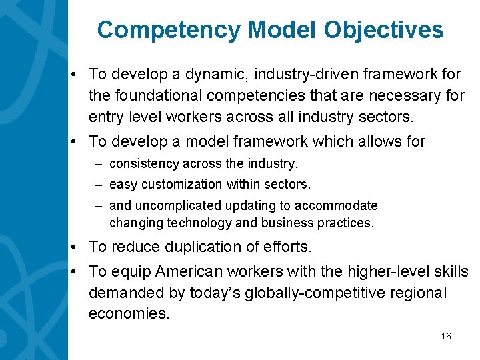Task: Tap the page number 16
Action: [x=446, y=336]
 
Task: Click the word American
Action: [x=189, y=271]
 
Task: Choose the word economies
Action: [x=129, y=313]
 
